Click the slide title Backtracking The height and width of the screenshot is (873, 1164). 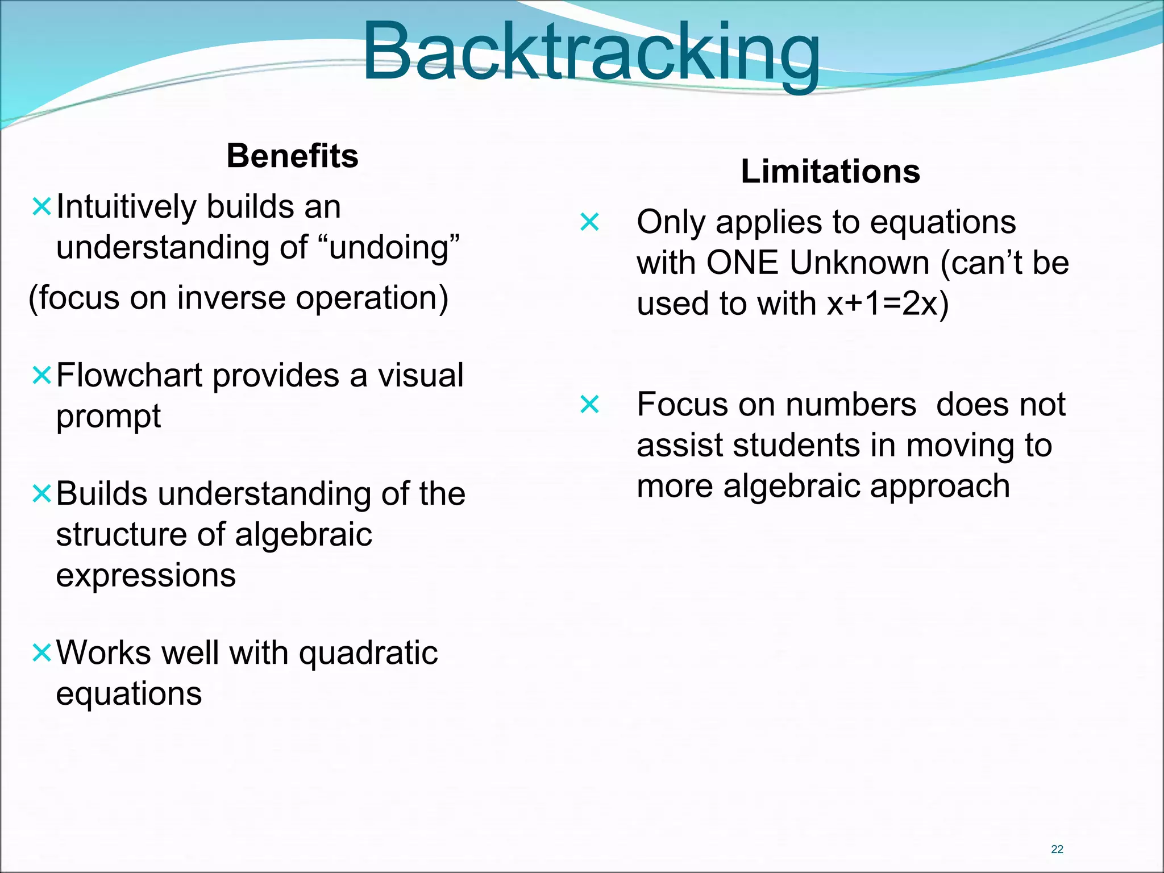(x=591, y=52)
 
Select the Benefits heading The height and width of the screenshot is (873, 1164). (x=292, y=156)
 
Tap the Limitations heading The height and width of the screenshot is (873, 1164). (x=830, y=171)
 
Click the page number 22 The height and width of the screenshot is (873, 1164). (x=1057, y=849)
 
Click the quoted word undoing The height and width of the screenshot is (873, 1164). (x=392, y=248)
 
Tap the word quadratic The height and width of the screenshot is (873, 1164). (x=368, y=652)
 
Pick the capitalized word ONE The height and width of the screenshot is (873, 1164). (x=742, y=263)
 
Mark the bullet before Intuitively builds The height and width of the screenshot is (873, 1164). (x=42, y=207)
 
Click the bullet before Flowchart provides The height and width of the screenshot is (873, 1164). (x=42, y=376)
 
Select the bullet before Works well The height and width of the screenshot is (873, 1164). (x=42, y=652)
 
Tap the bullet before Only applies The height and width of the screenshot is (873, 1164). (x=589, y=222)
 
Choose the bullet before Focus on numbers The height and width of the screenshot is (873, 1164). (x=589, y=405)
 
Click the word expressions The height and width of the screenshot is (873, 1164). (x=145, y=576)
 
